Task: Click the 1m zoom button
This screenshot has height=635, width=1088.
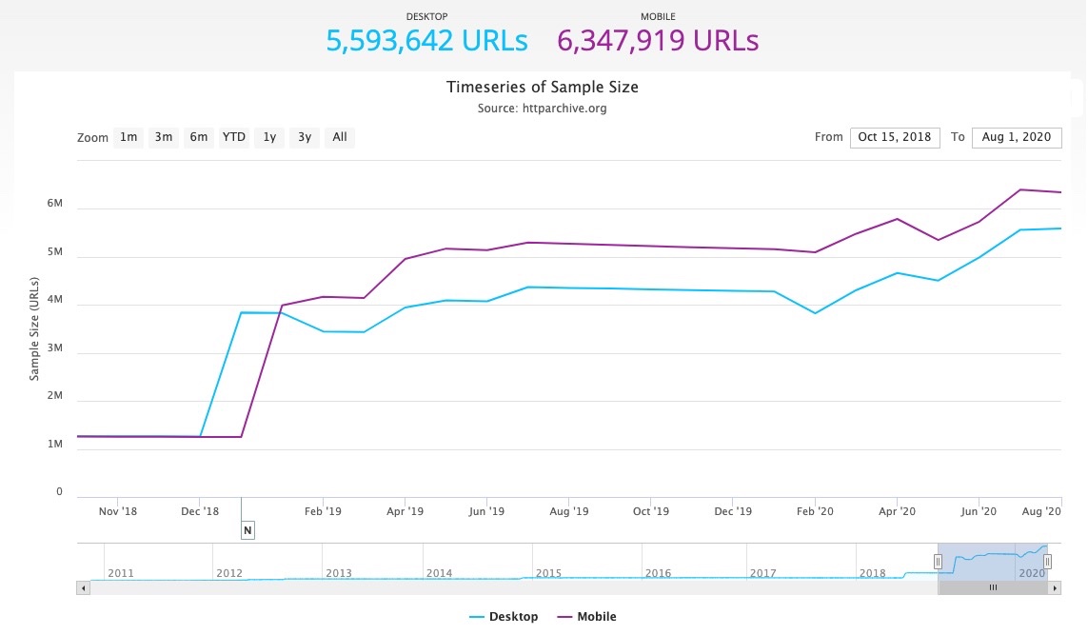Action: coord(129,137)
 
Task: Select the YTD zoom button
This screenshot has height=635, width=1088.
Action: coord(234,137)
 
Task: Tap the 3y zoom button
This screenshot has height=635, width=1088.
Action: coord(305,137)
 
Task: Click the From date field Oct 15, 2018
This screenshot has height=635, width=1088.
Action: coord(895,137)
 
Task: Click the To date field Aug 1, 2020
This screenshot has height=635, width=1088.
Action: coord(1017,137)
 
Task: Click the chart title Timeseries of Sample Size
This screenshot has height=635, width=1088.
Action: coord(543,88)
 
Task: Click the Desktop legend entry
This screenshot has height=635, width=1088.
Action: coord(504,617)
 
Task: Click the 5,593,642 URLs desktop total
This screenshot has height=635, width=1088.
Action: coord(426,41)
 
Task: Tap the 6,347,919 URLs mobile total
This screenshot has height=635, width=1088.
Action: coord(658,41)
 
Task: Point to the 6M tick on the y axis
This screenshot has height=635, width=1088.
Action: coord(54,204)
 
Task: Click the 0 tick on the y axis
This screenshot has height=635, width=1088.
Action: coord(59,492)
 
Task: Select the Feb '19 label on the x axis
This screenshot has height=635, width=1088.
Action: coord(323,511)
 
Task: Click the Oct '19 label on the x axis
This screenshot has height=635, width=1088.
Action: coord(650,511)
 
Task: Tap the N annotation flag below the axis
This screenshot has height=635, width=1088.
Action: coord(247,530)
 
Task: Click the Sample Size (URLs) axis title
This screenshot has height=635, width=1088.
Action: coord(34,328)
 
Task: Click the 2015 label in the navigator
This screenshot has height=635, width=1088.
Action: coord(548,573)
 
